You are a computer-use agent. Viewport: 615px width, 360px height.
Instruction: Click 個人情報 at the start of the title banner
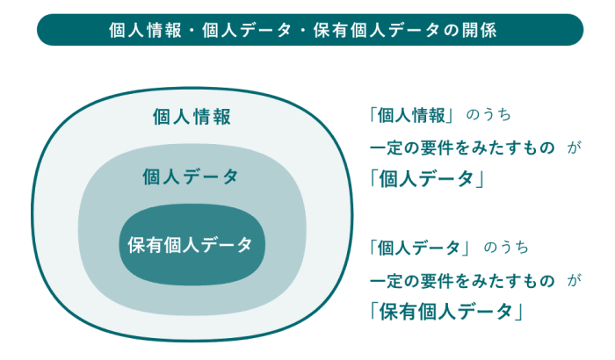(145, 30)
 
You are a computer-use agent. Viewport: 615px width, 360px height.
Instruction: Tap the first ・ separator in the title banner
(192, 30)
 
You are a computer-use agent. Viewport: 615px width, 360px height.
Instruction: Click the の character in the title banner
(451, 31)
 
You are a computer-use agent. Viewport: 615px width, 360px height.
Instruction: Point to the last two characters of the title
(479, 30)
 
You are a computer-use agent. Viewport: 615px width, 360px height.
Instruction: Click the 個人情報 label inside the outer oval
(192, 117)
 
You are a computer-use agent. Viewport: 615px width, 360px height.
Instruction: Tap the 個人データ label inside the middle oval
(191, 176)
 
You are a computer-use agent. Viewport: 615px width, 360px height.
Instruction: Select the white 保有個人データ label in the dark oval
(190, 245)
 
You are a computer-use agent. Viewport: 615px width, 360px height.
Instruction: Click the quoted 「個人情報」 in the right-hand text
(411, 115)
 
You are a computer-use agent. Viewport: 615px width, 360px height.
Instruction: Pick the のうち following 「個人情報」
(488, 115)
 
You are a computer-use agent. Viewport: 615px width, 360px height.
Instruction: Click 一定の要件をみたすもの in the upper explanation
(462, 148)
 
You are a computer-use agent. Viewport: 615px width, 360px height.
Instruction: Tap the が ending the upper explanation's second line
(574, 148)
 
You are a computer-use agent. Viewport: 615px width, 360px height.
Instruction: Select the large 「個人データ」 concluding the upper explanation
(427, 179)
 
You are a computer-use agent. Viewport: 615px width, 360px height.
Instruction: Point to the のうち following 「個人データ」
(506, 248)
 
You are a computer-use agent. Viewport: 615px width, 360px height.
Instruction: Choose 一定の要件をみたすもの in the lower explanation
(462, 281)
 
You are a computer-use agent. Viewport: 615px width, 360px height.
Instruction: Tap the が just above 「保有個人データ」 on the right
(574, 281)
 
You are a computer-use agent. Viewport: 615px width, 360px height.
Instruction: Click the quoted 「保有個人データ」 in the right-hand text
(446, 312)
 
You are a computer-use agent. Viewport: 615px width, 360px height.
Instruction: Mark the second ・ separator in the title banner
(302, 30)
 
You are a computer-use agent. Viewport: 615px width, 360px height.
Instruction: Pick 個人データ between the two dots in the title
(247, 30)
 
